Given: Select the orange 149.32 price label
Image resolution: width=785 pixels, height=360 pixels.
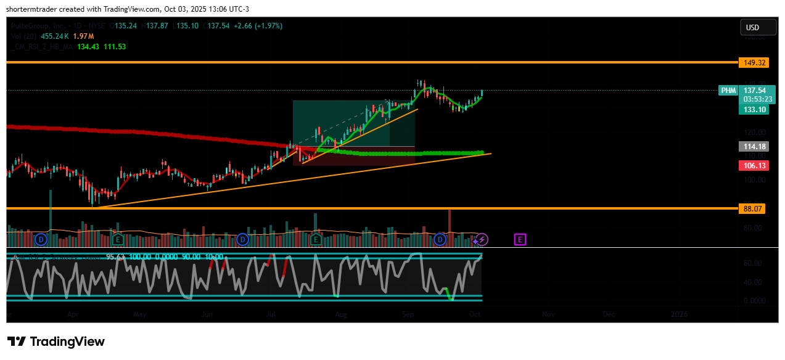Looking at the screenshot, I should [752, 63].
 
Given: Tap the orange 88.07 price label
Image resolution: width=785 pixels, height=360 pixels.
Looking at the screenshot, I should [752, 209].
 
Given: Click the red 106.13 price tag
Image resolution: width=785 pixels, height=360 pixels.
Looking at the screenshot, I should [752, 165].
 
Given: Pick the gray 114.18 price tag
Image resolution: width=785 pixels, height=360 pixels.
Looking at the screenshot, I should [752, 147].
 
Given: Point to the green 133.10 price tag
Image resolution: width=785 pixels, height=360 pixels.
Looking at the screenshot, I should [752, 110].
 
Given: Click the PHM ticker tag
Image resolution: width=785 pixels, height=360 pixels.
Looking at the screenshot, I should [729, 91].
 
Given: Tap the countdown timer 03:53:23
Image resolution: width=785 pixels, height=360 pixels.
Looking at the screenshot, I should [758, 99].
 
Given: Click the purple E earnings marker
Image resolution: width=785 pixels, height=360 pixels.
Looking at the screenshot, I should [520, 239].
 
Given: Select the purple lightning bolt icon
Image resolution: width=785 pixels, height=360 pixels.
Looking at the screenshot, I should [483, 239].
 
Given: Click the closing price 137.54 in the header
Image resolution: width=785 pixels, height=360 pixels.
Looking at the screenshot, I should [219, 26].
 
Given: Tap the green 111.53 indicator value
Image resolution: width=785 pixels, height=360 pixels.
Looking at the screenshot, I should [114, 47].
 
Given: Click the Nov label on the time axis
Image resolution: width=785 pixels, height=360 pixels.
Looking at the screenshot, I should [548, 314].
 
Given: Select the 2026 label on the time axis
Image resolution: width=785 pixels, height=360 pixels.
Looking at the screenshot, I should [679, 314].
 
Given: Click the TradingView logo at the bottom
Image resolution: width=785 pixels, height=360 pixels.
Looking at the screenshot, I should [56, 342].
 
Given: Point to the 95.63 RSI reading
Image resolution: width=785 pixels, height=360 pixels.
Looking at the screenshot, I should [115, 256].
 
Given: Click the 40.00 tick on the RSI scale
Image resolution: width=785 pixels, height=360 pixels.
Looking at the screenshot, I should [752, 282].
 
